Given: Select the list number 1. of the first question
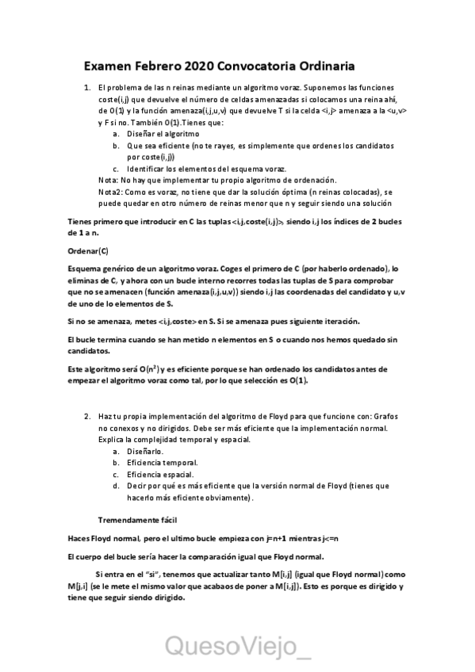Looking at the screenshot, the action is coord(88,87).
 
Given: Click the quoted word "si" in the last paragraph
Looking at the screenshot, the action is coord(144,575).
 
